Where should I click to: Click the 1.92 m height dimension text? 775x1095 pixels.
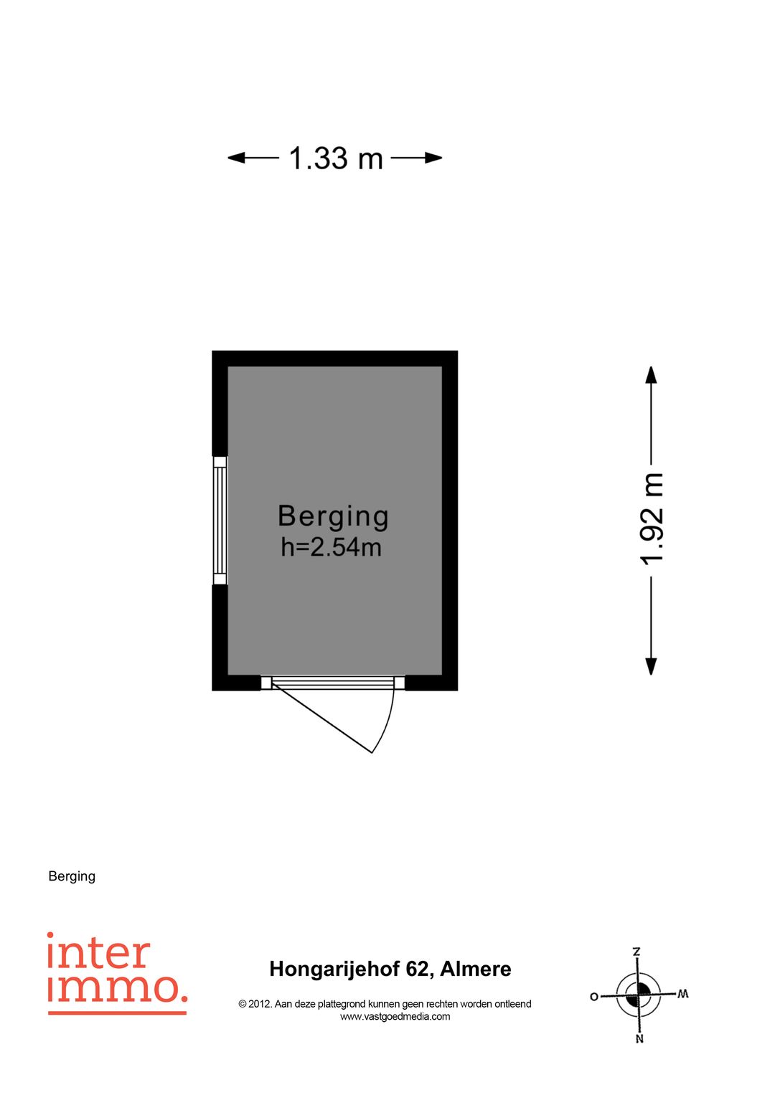coord(652,518)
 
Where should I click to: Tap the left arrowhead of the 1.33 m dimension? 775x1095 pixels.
coord(236,158)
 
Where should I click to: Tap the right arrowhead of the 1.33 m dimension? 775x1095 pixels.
coord(433,158)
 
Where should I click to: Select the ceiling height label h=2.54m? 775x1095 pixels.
coord(332,548)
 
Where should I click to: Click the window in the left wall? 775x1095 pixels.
coord(220,521)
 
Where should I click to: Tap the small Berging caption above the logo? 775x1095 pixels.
coord(72,876)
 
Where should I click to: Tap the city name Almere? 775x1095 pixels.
coord(476,969)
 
